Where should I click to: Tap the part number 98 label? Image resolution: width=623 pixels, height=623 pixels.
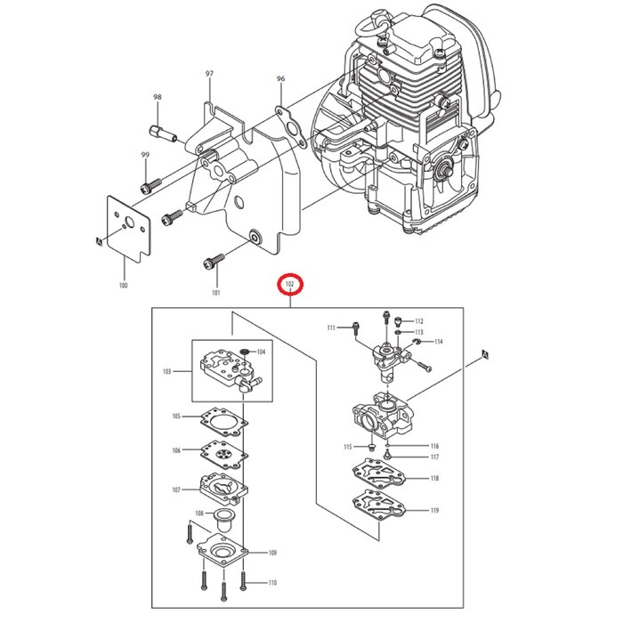(x=158, y=97)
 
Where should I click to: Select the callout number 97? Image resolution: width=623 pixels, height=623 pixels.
(x=210, y=72)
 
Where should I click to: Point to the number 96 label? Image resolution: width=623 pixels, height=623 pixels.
(x=281, y=79)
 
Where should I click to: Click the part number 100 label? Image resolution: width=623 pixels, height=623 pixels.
(x=123, y=286)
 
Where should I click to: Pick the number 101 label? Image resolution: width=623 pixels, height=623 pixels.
(x=214, y=291)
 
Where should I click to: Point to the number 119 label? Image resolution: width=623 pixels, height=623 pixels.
(x=434, y=511)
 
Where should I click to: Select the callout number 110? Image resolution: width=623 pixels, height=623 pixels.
(x=272, y=583)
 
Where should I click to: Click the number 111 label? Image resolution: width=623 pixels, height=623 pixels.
(x=331, y=328)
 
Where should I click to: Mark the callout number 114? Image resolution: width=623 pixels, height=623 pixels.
(x=438, y=342)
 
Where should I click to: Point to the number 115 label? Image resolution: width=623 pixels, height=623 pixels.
(x=348, y=446)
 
